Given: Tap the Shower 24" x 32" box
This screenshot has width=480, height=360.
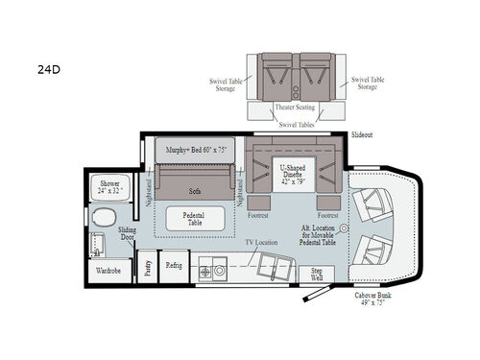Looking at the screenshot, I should tap(108, 186).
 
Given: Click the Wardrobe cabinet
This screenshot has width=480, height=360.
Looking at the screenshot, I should tap(108, 272).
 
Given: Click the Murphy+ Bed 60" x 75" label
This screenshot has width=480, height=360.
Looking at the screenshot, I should tap(194, 151).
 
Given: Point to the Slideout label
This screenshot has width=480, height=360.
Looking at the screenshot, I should tap(362, 136).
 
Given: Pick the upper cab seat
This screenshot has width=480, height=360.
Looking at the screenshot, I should tap(373, 204).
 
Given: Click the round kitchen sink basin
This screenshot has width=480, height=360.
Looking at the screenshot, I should tap(222, 272).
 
